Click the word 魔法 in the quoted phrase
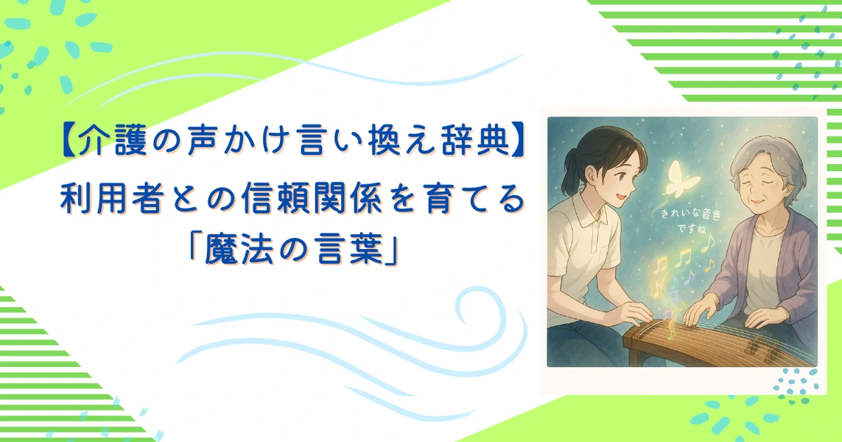(241, 250)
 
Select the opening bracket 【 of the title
(68, 141)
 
